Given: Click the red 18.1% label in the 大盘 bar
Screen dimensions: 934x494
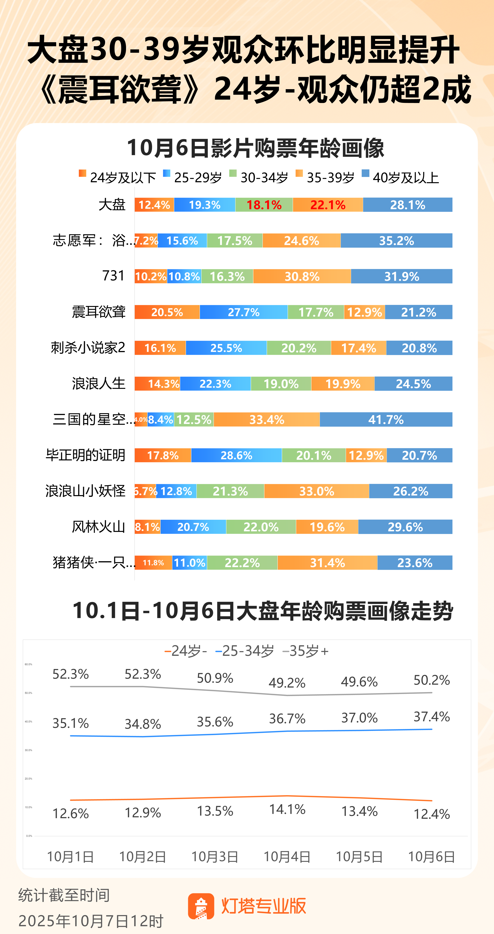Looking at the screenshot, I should point(264,205).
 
